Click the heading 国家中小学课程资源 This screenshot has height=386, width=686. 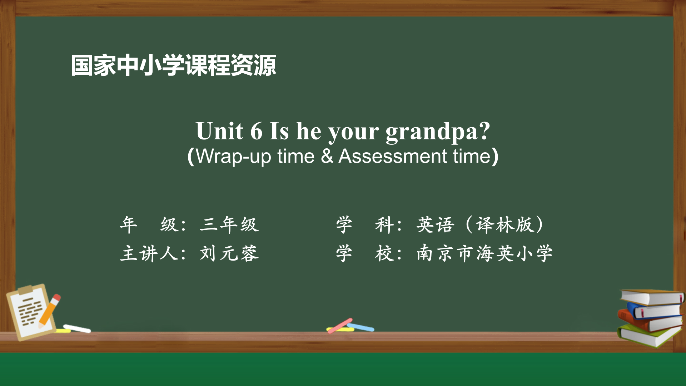point(173,65)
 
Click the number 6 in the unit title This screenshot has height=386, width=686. point(256,131)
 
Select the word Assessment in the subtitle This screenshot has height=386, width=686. point(393,156)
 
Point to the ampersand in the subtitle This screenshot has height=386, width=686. point(327,156)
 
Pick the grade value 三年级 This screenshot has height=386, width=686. point(229,225)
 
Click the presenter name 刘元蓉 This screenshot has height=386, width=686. point(229,253)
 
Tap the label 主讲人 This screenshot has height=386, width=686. point(149,253)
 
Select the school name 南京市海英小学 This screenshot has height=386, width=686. point(484,253)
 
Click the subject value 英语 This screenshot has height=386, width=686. point(435,225)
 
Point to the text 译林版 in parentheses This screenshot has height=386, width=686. point(504,225)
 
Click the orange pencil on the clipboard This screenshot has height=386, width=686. point(49,310)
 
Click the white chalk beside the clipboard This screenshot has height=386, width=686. point(77,328)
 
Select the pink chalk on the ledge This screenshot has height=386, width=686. point(340,326)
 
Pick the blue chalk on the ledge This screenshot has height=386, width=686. point(361,327)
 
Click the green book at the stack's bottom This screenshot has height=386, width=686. point(648,335)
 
